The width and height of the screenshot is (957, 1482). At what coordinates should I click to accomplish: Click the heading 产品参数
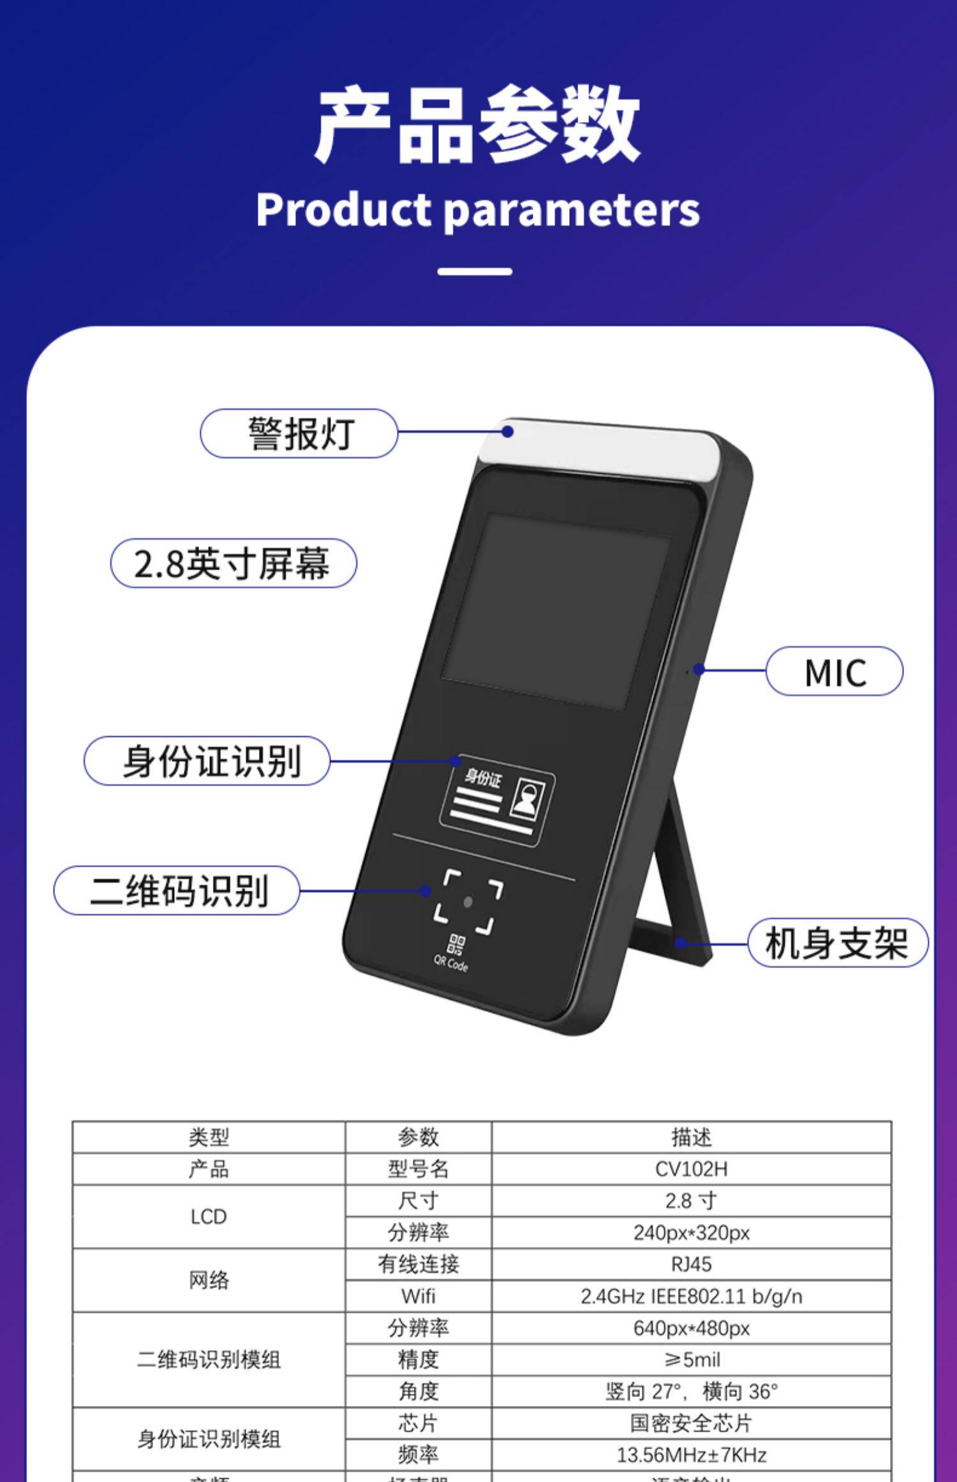[477, 124]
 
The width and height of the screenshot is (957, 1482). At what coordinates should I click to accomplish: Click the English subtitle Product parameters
[477, 210]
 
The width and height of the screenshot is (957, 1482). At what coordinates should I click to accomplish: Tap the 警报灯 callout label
[299, 434]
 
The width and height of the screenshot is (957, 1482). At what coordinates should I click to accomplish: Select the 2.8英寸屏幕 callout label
[234, 564]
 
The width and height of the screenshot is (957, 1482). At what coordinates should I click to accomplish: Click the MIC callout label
[835, 671]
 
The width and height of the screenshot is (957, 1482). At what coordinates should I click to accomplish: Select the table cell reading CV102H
[691, 1169]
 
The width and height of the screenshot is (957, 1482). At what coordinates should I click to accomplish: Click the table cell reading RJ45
[691, 1264]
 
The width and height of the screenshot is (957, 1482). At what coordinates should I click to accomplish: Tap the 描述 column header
[691, 1137]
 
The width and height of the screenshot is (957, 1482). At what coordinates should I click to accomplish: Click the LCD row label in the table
[209, 1216]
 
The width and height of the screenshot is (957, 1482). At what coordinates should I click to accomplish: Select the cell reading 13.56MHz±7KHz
[691, 1455]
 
